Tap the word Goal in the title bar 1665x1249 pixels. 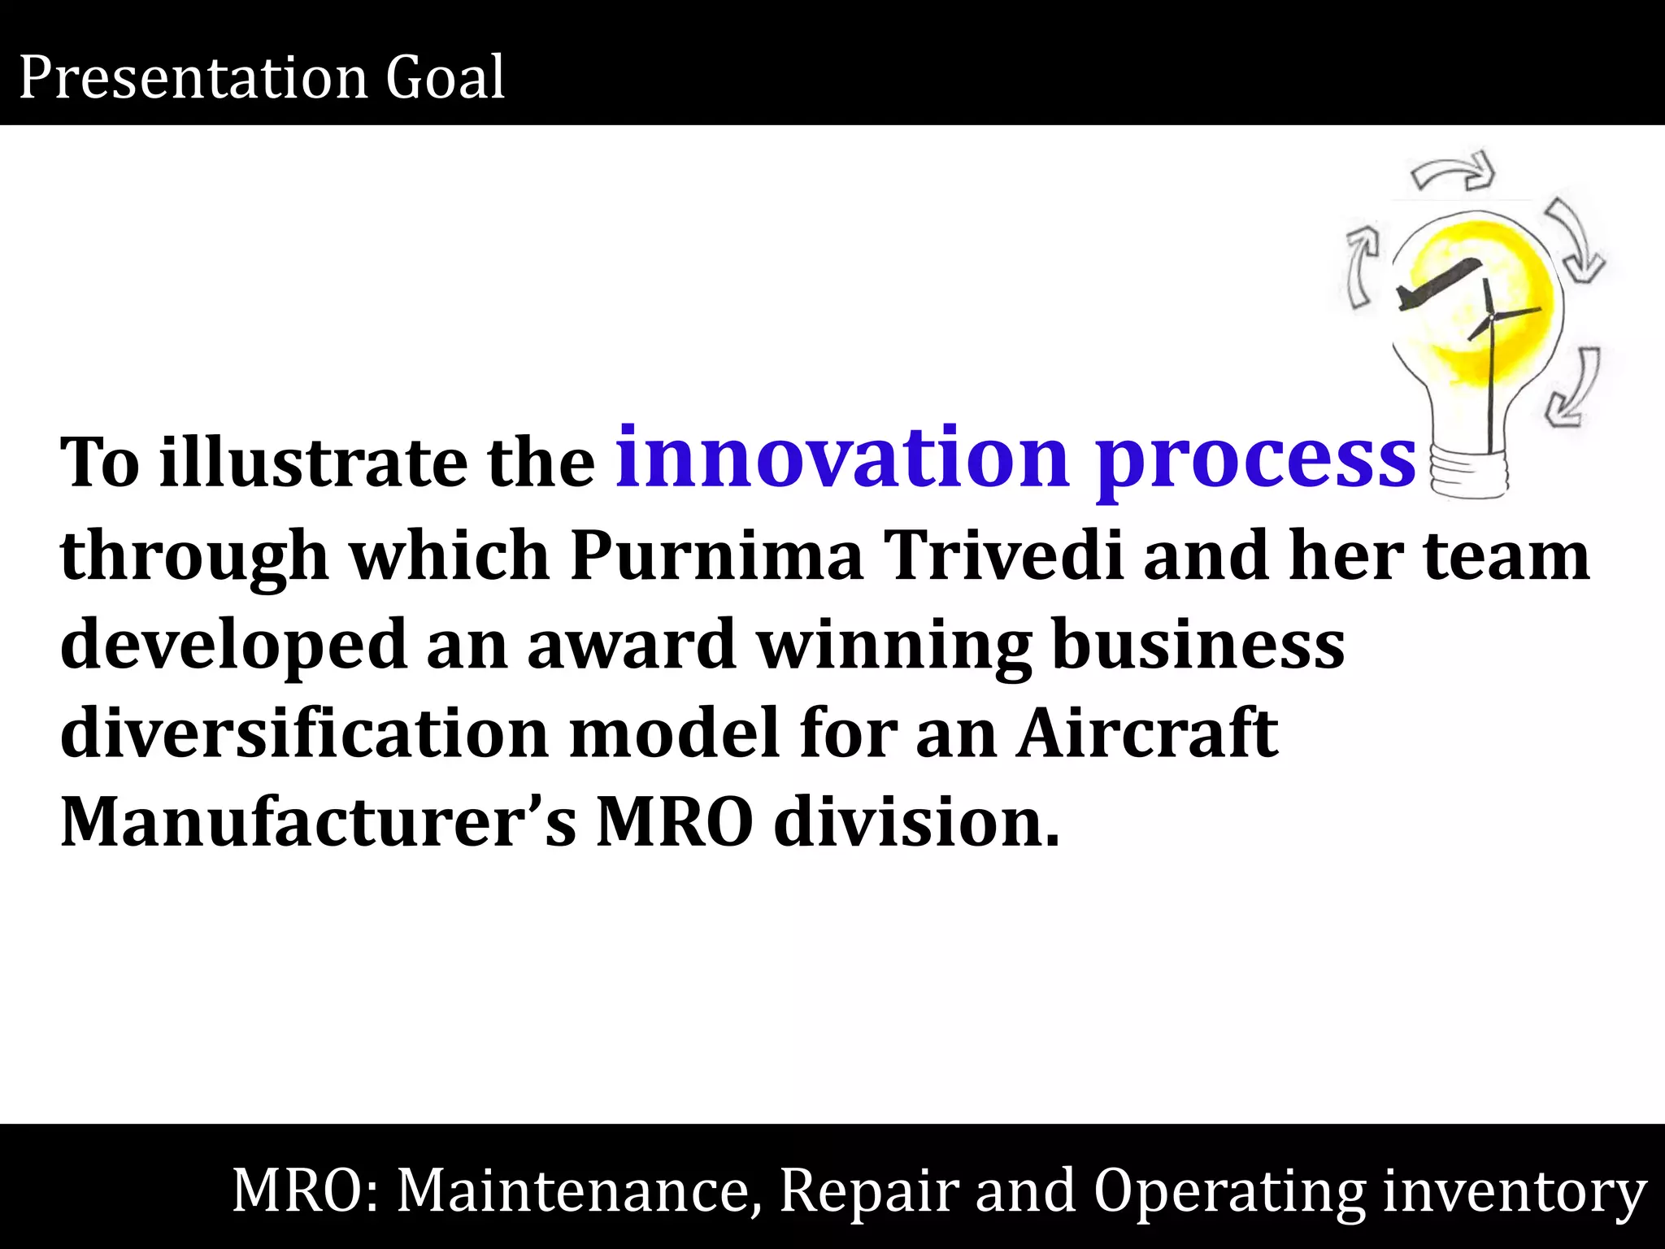click(446, 78)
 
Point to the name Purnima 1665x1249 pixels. click(716, 555)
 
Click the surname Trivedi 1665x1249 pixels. click(1005, 555)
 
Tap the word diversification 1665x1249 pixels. click(304, 733)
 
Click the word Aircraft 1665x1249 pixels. click(1147, 733)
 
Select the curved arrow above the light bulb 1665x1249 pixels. click(1453, 172)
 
